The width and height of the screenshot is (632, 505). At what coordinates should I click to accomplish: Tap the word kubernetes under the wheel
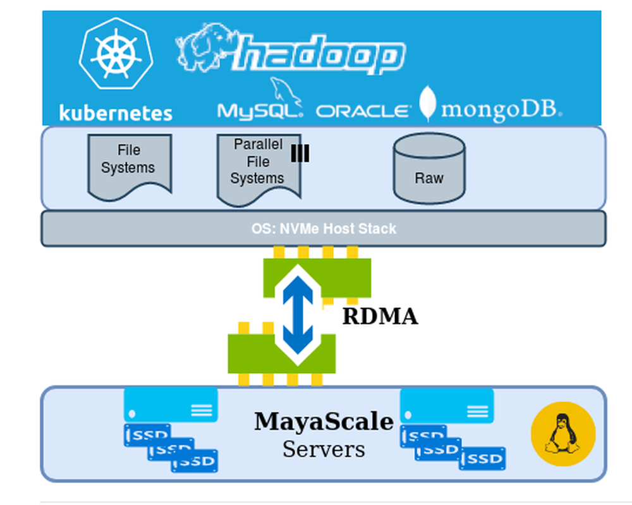pyautogui.click(x=116, y=113)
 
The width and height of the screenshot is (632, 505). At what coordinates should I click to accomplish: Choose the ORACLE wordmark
pyautogui.click(x=363, y=111)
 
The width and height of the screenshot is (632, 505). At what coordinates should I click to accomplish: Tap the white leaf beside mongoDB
pyautogui.click(x=428, y=103)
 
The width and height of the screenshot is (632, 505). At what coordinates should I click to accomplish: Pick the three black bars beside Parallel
pyautogui.click(x=300, y=154)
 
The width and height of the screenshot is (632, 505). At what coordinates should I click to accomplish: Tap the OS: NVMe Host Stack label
pyautogui.click(x=323, y=228)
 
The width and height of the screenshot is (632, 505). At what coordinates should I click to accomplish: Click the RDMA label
pyautogui.click(x=380, y=316)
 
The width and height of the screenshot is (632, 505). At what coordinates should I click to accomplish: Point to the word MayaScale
pyautogui.click(x=324, y=421)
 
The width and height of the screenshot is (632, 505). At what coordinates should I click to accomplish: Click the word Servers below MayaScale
pyautogui.click(x=324, y=449)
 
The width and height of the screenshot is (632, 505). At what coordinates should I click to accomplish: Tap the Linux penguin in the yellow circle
pyautogui.click(x=562, y=433)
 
